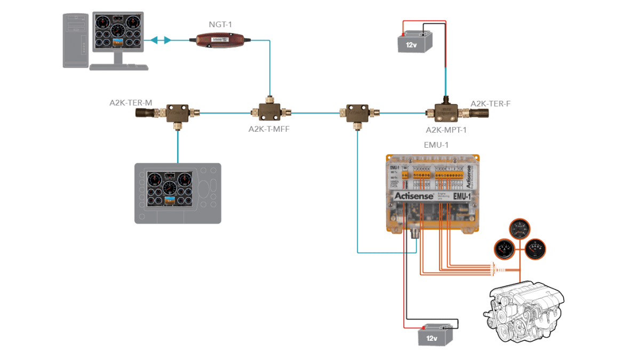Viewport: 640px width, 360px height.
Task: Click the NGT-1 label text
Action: [x=221, y=25]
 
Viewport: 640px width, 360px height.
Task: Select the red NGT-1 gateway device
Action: [x=219, y=40]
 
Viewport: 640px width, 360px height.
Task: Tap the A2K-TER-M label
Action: [x=131, y=102]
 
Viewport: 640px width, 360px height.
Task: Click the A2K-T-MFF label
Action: [x=269, y=129]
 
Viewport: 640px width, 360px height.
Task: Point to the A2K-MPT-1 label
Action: [x=446, y=130]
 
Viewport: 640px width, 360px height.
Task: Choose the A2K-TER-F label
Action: [x=490, y=103]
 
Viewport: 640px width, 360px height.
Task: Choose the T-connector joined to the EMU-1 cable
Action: [x=356, y=113]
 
